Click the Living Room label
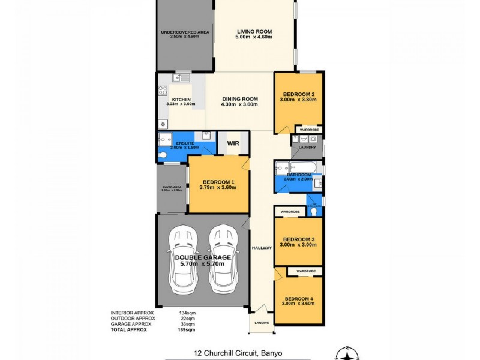254,31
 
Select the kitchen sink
182,77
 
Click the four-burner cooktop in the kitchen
162,91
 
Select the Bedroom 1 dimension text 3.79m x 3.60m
218,187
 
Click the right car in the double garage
221,258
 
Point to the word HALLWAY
262,248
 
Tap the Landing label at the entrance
262,323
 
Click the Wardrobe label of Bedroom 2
310,130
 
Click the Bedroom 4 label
299,299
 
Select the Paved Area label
172,188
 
